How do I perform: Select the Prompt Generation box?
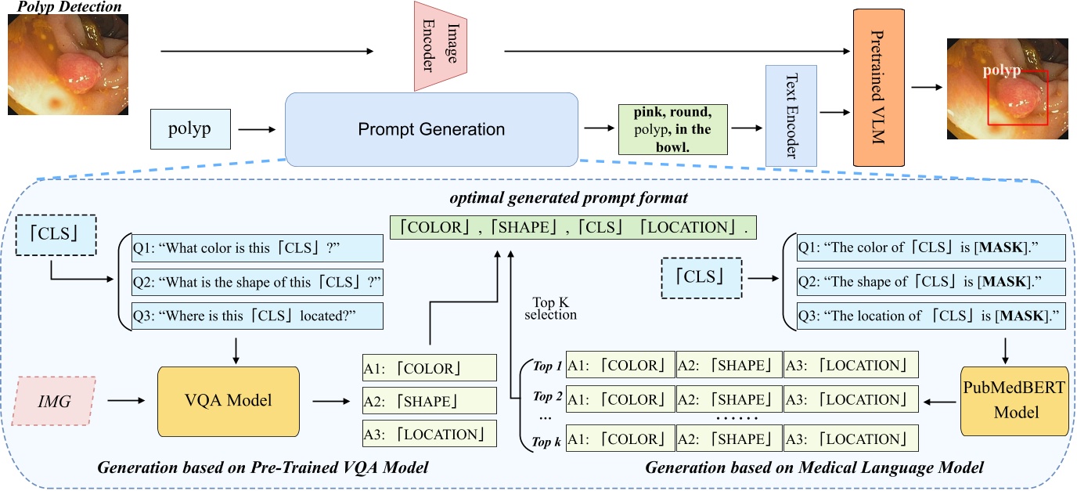(x=431, y=129)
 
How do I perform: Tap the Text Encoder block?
(x=791, y=115)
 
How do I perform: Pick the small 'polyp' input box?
(x=190, y=129)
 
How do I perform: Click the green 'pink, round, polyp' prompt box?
(x=672, y=129)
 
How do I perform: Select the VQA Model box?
(x=229, y=400)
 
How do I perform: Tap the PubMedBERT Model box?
(x=1014, y=400)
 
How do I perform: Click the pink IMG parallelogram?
(x=54, y=400)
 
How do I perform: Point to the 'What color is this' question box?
(x=258, y=248)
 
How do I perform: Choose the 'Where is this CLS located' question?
(x=258, y=315)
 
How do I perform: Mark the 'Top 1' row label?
(x=548, y=366)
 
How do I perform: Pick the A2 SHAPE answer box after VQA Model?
(x=429, y=401)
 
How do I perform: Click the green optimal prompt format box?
(x=573, y=228)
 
